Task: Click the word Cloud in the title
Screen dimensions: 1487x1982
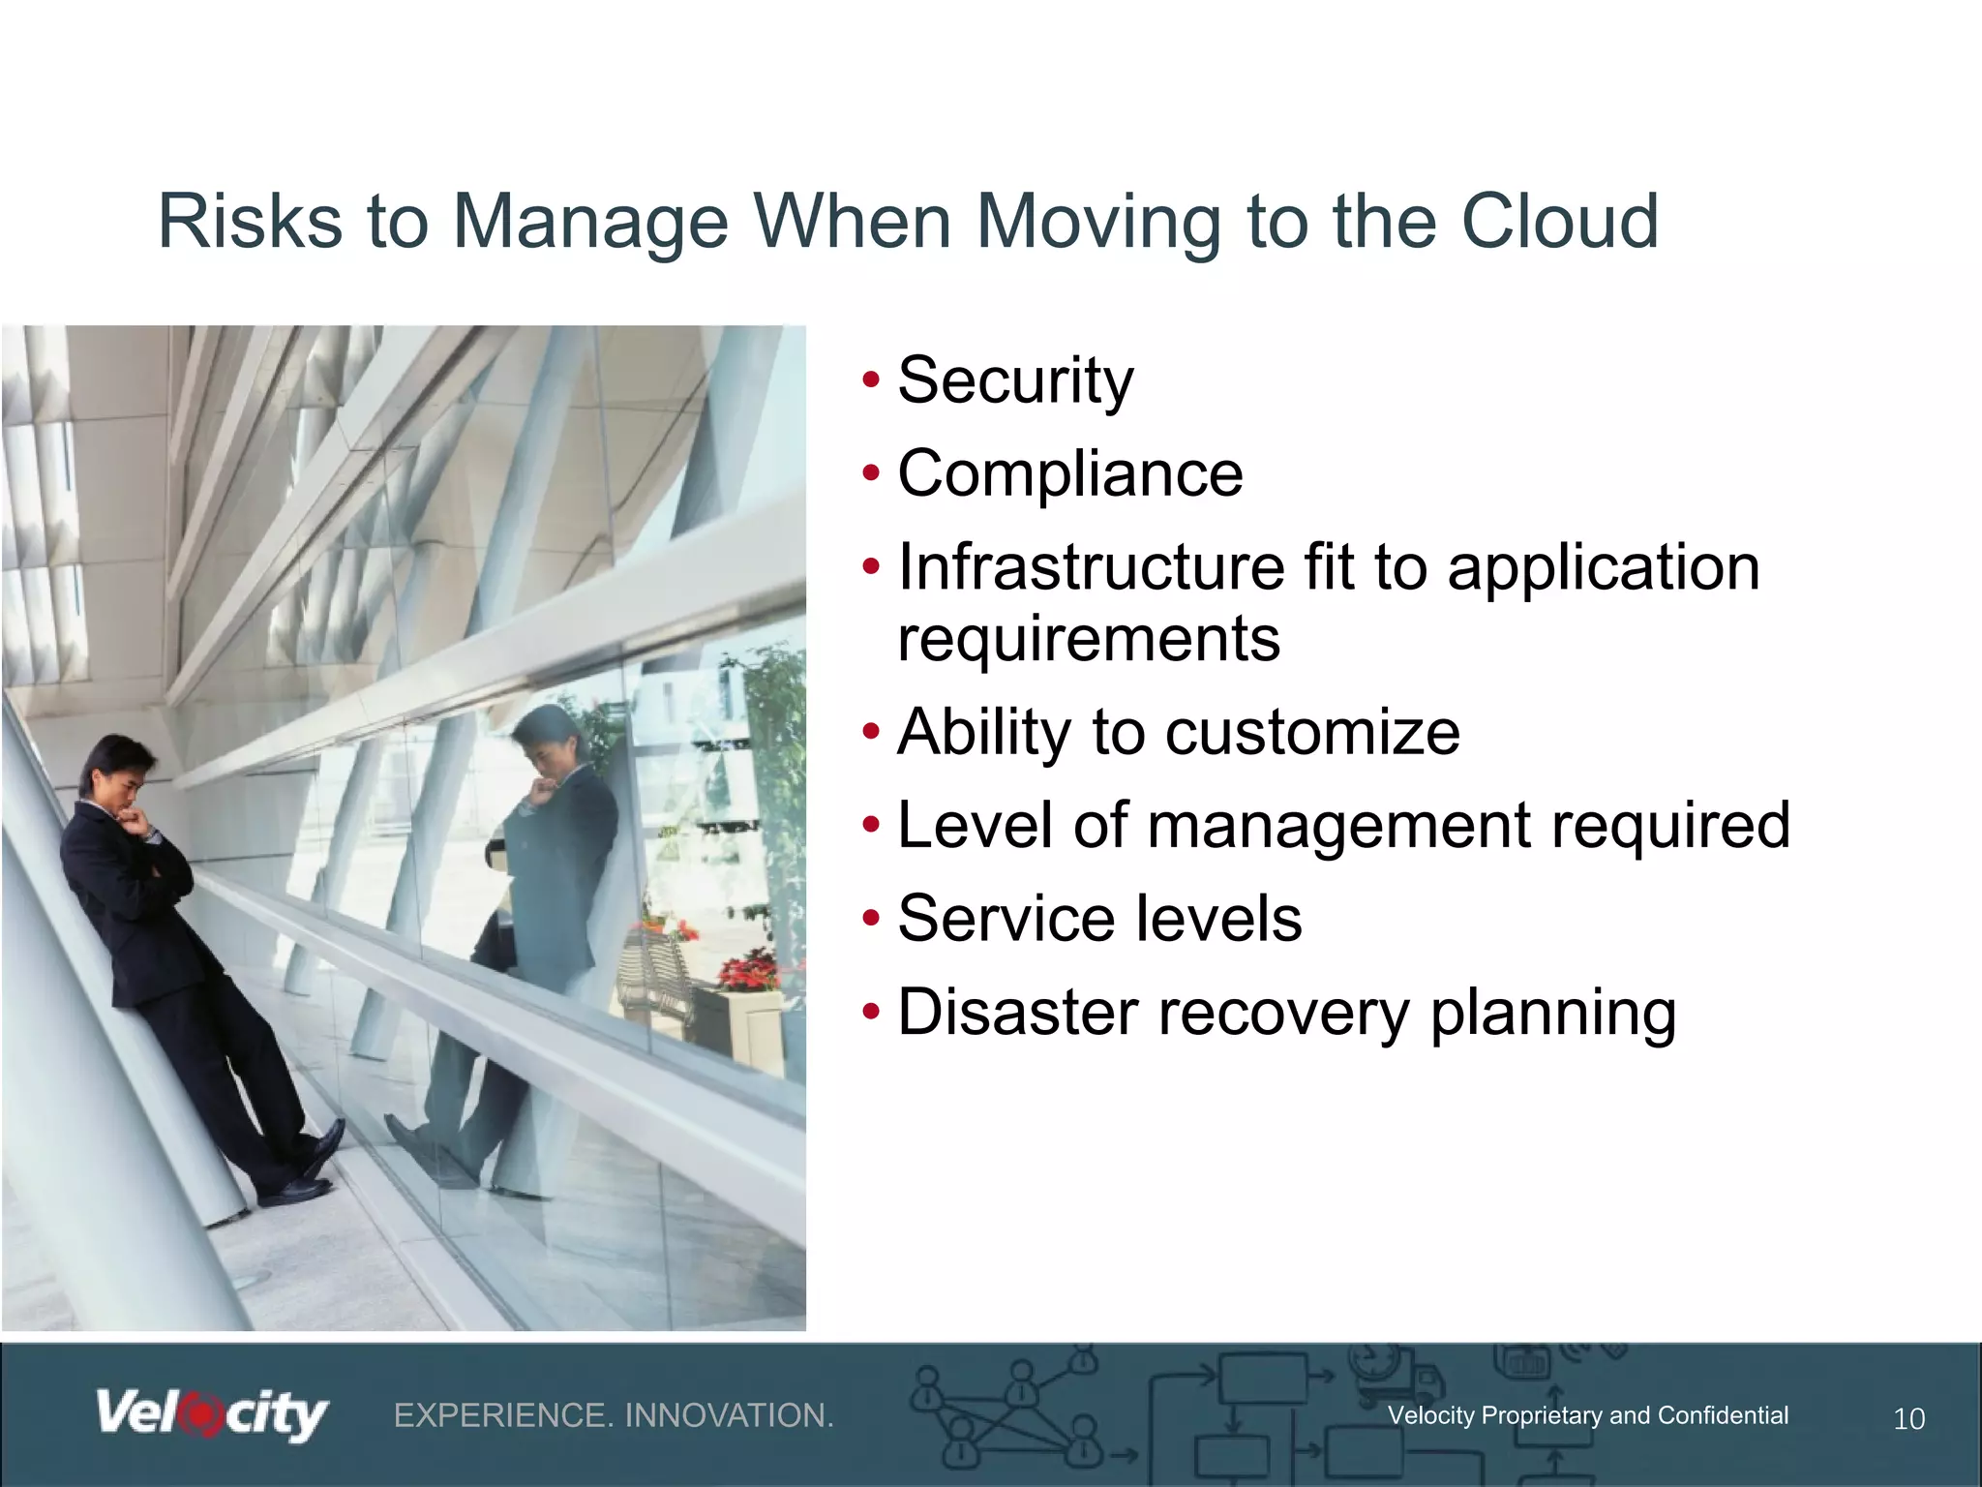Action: pyautogui.click(x=1559, y=222)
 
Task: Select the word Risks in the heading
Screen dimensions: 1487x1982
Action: pyautogui.click(x=250, y=222)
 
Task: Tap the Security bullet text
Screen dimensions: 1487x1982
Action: pyautogui.click(x=1015, y=379)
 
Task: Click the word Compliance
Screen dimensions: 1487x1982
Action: pyautogui.click(x=1069, y=473)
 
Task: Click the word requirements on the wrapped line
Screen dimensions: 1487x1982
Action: pyautogui.click(x=1089, y=639)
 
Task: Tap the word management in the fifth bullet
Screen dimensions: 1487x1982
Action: pyautogui.click(x=1339, y=826)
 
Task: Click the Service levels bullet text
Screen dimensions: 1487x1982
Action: pyautogui.click(x=1099, y=919)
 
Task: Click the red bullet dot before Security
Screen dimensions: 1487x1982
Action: pyautogui.click(x=871, y=379)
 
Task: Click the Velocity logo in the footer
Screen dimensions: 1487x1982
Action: pyautogui.click(x=212, y=1415)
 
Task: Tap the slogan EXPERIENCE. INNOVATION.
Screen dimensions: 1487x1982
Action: pyautogui.click(x=614, y=1415)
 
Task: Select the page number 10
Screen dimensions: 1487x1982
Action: pyautogui.click(x=1908, y=1419)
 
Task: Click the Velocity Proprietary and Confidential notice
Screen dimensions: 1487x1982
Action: pyautogui.click(x=1587, y=1415)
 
